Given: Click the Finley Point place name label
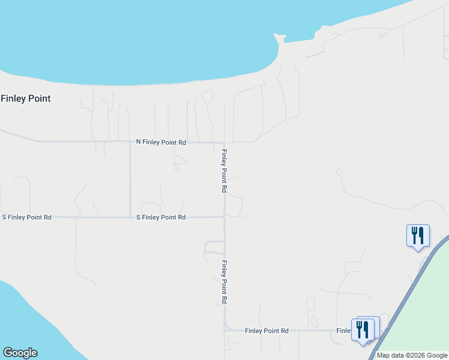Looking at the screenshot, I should [x=26, y=98].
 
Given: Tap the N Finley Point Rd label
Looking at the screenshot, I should [x=161, y=142].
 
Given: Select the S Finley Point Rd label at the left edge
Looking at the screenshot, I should [x=26, y=217].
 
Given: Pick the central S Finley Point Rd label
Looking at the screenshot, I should [x=161, y=217].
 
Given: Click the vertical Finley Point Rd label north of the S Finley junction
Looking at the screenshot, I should [x=224, y=171].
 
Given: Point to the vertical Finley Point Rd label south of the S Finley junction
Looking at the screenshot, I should [x=224, y=282].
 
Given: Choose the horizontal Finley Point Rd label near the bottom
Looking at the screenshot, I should [x=267, y=331].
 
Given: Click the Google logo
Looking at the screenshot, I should [x=20, y=353].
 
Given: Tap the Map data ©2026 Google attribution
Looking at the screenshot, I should [x=412, y=355].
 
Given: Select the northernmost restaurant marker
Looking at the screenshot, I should [x=418, y=236].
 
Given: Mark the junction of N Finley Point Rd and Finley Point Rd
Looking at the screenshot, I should [x=224, y=142].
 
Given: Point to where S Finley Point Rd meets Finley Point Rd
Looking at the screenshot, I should [x=224, y=217].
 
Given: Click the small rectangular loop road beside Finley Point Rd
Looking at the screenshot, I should [x=214, y=247].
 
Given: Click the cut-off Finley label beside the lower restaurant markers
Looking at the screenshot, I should [x=344, y=331].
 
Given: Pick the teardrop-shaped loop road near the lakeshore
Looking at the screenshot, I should [x=208, y=97].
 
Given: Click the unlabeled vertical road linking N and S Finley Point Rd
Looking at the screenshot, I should [x=130, y=180].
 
